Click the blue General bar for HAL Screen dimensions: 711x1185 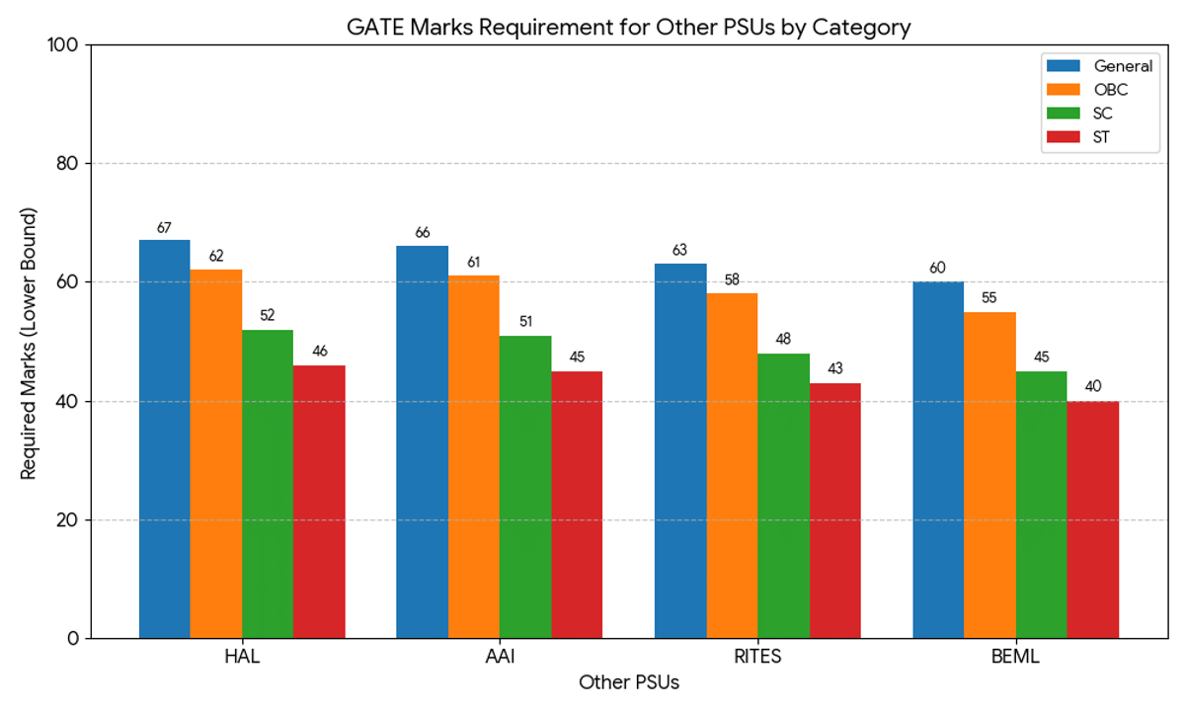[164, 439]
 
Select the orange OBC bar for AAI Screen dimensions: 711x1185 [473, 457]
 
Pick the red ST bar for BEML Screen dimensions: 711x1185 [1092, 519]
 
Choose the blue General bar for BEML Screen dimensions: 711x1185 [938, 460]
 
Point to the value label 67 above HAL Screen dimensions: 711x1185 [164, 227]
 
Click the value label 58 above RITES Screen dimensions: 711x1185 [732, 280]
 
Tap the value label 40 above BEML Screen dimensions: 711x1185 [1092, 387]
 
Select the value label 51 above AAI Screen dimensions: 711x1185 [525, 322]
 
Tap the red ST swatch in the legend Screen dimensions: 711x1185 [1064, 137]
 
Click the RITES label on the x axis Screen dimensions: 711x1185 [757, 658]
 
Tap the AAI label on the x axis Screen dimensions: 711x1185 [500, 658]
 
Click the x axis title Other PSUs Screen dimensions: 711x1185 [629, 682]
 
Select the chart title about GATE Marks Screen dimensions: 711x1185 [628, 27]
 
